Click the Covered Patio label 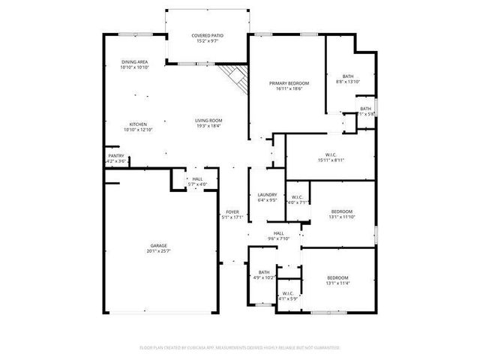point(207,35)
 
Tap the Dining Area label point(135,61)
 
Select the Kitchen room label point(137,124)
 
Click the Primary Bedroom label point(289,82)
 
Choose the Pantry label point(117,156)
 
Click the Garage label point(158,245)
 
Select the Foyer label point(232,212)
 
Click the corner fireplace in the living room point(236,76)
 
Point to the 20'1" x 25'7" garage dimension point(158,250)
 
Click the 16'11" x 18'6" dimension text point(289,88)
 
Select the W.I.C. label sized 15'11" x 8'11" point(331,154)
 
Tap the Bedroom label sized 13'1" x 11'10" point(342,211)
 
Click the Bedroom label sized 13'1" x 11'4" point(337,277)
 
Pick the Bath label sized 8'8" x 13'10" point(348,76)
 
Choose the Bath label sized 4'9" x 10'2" point(264,272)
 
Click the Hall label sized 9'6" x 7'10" point(278,233)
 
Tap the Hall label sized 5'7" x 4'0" point(197,178)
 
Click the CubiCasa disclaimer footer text point(240,347)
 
